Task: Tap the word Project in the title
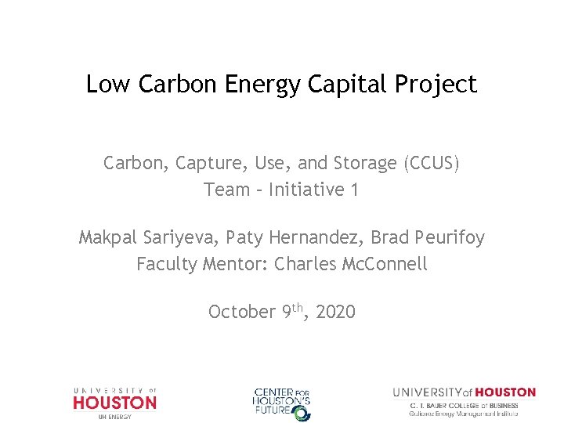pyautogui.click(x=437, y=84)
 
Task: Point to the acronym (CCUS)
pyautogui.click(x=431, y=164)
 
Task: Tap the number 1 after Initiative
pyautogui.click(x=354, y=190)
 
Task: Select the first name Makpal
pyautogui.click(x=110, y=237)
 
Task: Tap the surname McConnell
pyautogui.click(x=385, y=264)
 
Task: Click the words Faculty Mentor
pyautogui.click(x=202, y=264)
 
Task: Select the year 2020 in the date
pyautogui.click(x=335, y=312)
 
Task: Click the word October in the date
pyautogui.click(x=241, y=312)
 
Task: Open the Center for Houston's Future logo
pyautogui.click(x=282, y=403)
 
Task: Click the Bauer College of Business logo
pyautogui.click(x=464, y=402)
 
